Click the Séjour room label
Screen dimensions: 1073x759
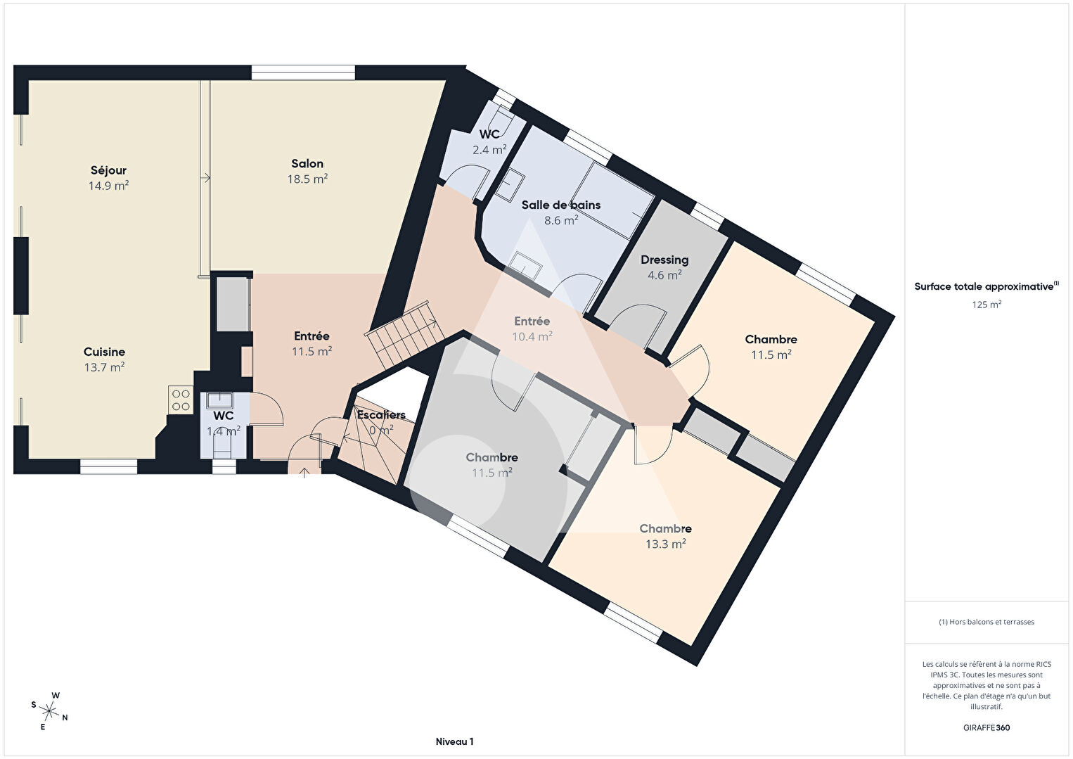coord(109,170)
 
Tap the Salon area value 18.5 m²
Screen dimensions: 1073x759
coord(307,179)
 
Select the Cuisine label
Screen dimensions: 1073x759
coord(105,352)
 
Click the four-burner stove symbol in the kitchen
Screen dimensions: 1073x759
coord(181,400)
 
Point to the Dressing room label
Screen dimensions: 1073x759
coord(664,260)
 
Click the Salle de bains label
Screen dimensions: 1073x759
coord(561,205)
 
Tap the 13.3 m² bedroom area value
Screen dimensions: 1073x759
coord(665,544)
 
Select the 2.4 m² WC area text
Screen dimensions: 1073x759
coord(489,150)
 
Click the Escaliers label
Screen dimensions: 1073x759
coord(381,415)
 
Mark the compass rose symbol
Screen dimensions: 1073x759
coord(49,710)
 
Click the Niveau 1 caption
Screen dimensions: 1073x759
coord(455,741)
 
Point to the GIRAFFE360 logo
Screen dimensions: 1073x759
coord(987,727)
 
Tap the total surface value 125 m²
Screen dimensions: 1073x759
coord(987,305)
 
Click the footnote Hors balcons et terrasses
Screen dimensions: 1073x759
coord(987,622)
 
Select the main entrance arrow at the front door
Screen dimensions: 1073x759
coord(304,473)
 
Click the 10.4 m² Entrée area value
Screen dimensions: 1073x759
coord(532,336)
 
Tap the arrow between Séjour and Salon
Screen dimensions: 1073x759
coord(205,178)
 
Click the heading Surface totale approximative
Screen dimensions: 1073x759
coord(987,286)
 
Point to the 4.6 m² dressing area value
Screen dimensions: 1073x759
coord(664,275)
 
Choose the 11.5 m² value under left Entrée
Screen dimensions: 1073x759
coord(311,351)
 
